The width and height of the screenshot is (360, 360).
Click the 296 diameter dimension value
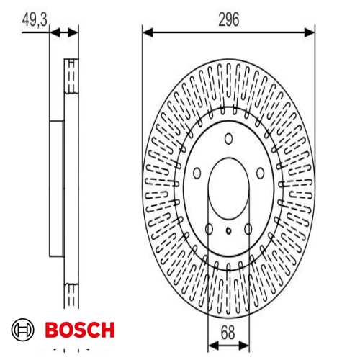(x=229, y=19)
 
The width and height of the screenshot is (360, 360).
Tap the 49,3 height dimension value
(x=35, y=19)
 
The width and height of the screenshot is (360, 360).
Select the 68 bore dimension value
(x=228, y=333)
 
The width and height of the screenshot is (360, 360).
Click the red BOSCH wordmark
(x=80, y=330)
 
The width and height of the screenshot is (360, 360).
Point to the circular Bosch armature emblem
(x=22, y=330)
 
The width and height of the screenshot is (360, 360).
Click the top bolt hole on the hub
(x=228, y=139)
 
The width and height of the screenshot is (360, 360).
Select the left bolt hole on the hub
(x=197, y=173)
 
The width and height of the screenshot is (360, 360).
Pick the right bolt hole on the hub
(x=261, y=173)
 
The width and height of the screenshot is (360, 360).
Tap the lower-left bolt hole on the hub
(x=209, y=229)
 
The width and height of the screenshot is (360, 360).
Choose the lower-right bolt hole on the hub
(x=248, y=229)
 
